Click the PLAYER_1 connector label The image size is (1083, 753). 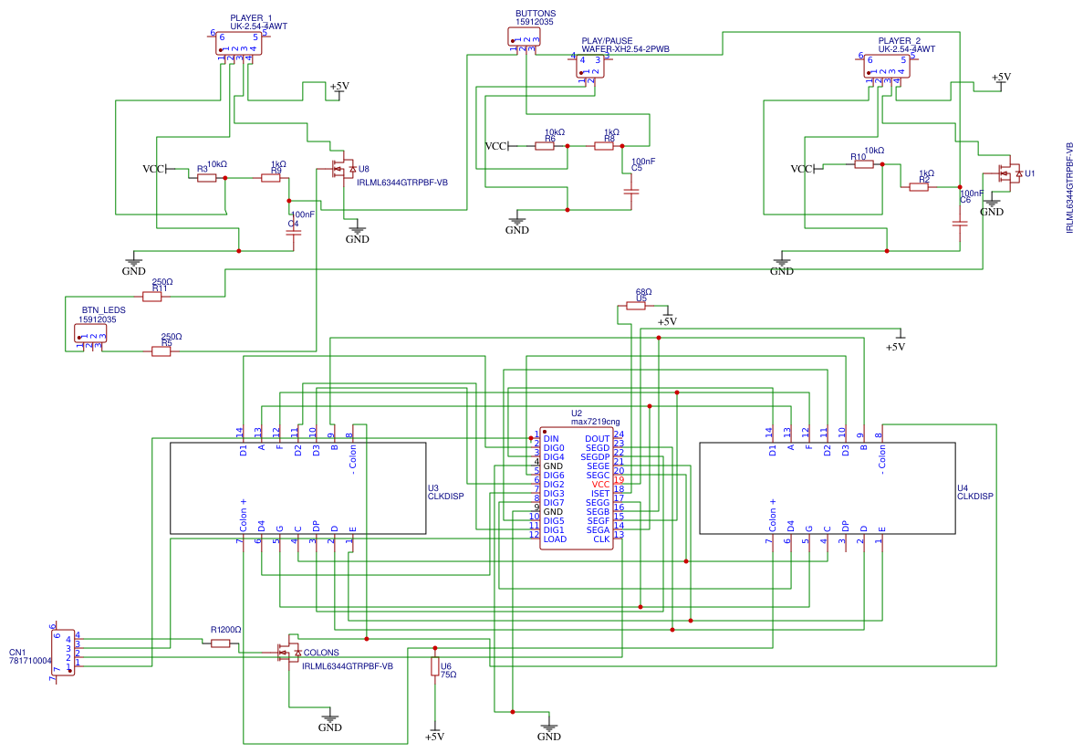point(251,18)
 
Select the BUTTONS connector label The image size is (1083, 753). point(536,14)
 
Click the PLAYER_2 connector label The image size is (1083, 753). point(899,41)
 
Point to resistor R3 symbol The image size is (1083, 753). point(207,178)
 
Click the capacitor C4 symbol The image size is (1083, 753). point(293,233)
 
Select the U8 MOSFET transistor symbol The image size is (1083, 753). point(343,170)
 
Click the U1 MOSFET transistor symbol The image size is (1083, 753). point(1010,173)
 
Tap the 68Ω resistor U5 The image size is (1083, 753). point(636,307)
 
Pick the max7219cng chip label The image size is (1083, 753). point(595,422)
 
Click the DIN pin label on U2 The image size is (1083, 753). point(550,439)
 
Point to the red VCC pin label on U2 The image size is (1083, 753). point(600,485)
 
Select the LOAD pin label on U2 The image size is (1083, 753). point(554,539)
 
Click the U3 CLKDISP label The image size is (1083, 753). point(445,493)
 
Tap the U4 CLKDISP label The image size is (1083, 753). point(974,493)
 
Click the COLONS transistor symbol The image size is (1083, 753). point(287,652)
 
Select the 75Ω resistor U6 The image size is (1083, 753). point(434,667)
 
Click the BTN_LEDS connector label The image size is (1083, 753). point(103,310)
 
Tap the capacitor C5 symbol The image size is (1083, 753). point(630,192)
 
